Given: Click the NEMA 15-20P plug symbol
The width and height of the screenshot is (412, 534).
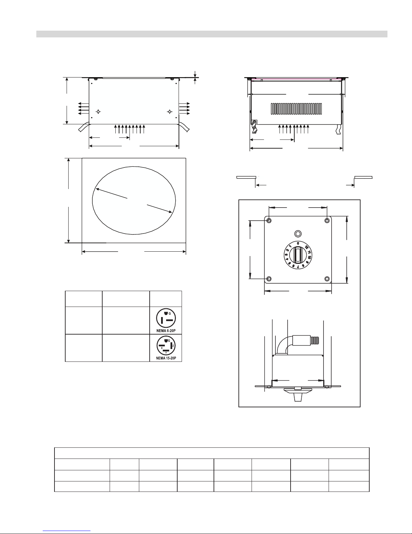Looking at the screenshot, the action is pyautogui.click(x=166, y=346).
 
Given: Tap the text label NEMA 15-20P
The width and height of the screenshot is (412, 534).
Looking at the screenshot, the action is pyautogui.click(x=166, y=358).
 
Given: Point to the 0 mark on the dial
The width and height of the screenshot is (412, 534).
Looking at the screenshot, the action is pyautogui.click(x=298, y=243).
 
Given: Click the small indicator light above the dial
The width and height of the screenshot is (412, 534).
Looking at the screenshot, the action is pyautogui.click(x=298, y=233).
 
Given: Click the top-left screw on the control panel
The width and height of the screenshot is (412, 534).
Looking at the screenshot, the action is pyautogui.click(x=269, y=221).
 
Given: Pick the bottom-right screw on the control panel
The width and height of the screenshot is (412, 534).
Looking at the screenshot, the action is pyautogui.click(x=327, y=279).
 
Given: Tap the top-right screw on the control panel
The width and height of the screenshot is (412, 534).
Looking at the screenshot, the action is pyautogui.click(x=327, y=221).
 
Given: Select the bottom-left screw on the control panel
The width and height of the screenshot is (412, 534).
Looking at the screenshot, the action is pyautogui.click(x=269, y=279).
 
